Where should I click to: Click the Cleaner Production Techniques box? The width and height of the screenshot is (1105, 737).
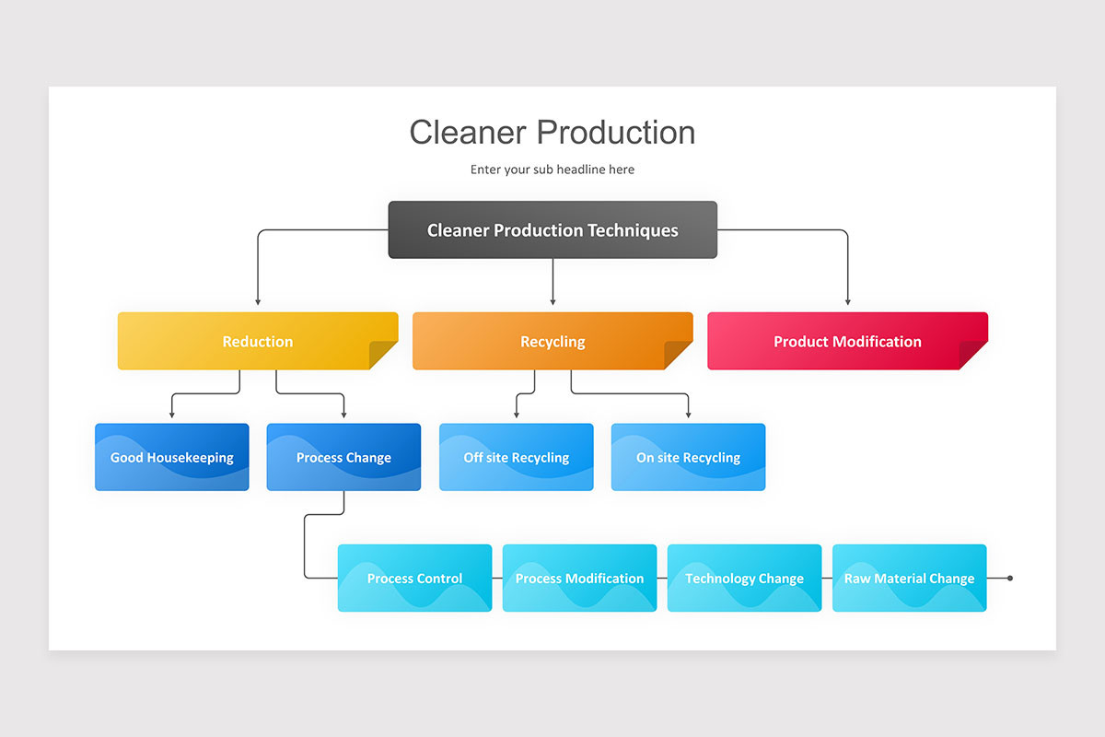552,229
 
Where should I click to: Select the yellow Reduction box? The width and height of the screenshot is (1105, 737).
258,341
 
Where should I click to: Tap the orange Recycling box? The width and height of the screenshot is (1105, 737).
552,341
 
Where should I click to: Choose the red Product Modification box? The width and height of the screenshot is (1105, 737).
847,341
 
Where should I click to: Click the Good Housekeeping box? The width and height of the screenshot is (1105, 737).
171,457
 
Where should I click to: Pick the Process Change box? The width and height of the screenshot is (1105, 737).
343,457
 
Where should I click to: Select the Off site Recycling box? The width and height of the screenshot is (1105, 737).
516,457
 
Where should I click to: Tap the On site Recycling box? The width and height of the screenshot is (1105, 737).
688,457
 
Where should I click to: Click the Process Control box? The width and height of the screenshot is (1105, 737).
415,578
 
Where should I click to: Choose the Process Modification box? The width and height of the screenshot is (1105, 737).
579,578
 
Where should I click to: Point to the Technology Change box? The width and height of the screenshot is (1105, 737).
744,578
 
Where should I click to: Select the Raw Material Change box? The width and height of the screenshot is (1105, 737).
909,578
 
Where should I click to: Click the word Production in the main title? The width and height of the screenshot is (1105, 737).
616,133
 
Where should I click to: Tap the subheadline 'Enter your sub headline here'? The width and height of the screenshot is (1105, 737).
552,170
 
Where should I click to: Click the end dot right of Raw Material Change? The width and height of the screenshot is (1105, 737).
1010,578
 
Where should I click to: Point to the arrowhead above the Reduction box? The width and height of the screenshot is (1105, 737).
258,302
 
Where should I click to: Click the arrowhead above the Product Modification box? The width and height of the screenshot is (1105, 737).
847,302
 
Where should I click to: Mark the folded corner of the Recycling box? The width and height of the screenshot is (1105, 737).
678,355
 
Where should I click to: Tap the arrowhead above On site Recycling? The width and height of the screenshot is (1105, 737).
688,415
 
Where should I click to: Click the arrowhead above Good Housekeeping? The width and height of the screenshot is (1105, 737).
171,415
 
